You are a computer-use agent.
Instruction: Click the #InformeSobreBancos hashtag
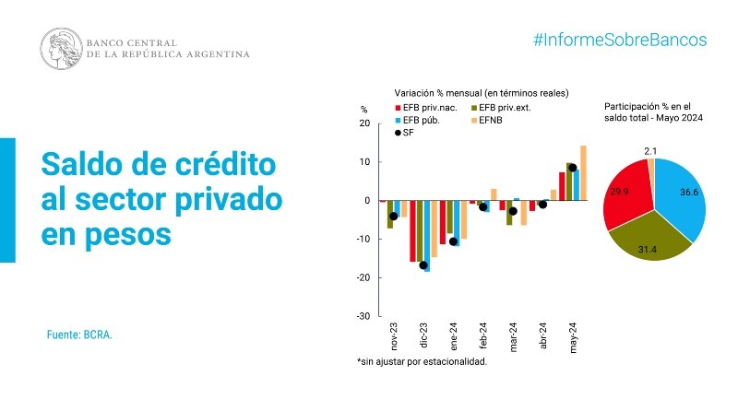coord(620,41)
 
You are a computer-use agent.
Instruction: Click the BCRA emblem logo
coord(60,47)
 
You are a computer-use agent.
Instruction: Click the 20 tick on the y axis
coord(363,123)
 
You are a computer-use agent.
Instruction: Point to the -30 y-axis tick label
coord(363,316)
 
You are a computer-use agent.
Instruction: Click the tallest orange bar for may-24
coord(583,172)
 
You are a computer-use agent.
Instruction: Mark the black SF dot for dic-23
coord(423,265)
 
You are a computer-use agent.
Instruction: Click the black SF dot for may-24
coord(573,168)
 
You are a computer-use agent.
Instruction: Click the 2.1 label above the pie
coord(649,149)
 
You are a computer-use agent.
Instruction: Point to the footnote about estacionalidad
coord(422,361)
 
